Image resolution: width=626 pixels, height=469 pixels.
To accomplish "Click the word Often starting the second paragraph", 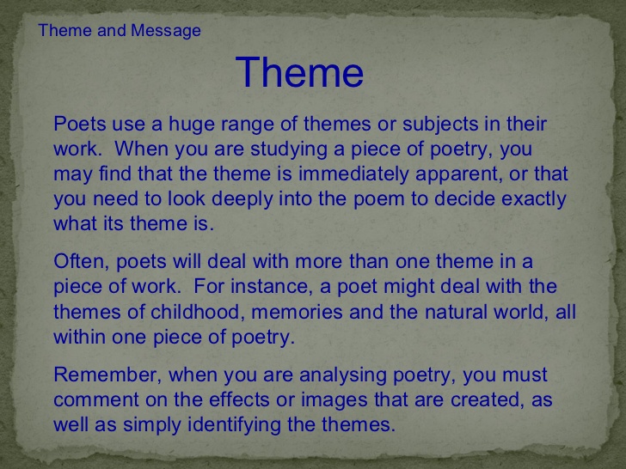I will (x=75, y=261).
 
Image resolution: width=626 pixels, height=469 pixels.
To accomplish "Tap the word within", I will (x=77, y=336).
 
